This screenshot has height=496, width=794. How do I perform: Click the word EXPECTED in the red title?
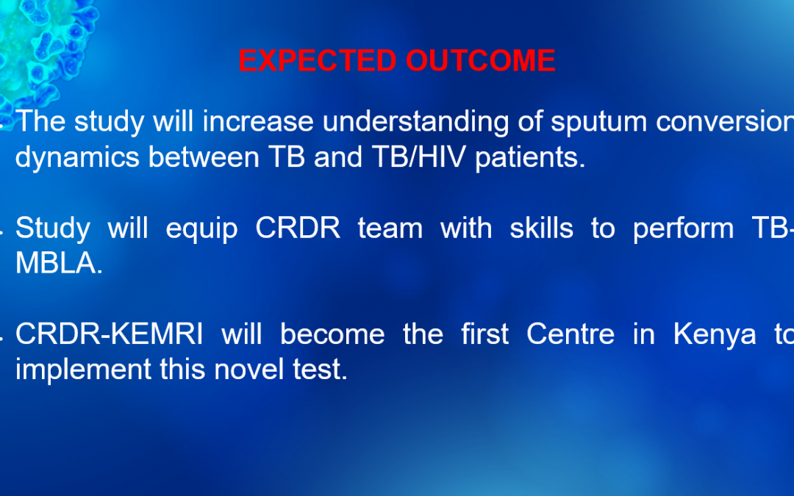tap(318, 61)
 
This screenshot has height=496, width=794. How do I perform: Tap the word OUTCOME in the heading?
tap(481, 61)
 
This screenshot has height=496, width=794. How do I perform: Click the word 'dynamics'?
tap(77, 157)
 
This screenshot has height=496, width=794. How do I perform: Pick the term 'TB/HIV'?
tap(419, 157)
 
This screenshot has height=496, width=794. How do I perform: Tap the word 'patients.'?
tap(530, 157)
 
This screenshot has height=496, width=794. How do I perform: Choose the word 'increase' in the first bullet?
tap(258, 121)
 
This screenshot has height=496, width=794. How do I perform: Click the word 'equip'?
tap(201, 229)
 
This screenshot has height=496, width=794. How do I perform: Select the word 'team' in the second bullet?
tap(390, 229)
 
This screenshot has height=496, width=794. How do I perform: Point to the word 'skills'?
tap(541, 228)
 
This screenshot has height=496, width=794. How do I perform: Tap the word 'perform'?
tap(683, 229)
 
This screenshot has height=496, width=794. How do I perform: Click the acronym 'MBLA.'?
tap(59, 263)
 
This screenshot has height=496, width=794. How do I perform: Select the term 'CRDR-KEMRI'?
tap(109, 334)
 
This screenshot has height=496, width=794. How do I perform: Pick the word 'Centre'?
tap(571, 334)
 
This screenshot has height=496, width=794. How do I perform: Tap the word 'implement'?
tap(83, 370)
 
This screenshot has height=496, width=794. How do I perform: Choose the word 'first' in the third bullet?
tap(484, 334)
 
